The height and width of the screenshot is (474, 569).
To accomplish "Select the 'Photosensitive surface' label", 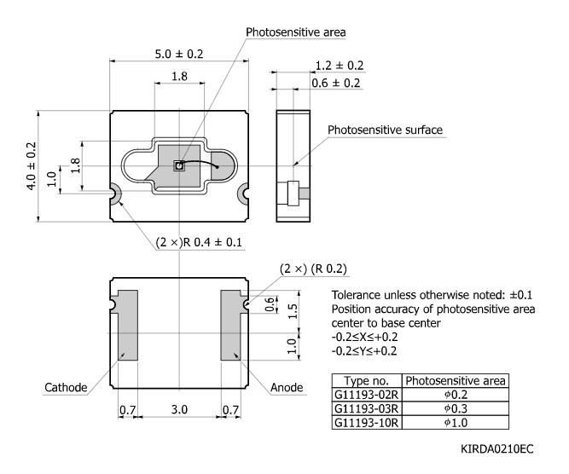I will pyautogui.click(x=386, y=130).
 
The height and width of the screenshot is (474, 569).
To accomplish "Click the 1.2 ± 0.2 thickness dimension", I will pyautogui.click(x=339, y=65).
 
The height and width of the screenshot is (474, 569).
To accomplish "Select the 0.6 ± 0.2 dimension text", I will pyautogui.click(x=339, y=83).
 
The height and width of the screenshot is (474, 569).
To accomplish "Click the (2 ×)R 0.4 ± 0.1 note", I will pyautogui.click(x=199, y=242).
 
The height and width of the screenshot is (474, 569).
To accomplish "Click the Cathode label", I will pyautogui.click(x=67, y=387).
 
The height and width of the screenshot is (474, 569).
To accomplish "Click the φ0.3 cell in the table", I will pyautogui.click(x=456, y=408).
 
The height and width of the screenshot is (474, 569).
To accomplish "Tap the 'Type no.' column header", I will pyautogui.click(x=365, y=380).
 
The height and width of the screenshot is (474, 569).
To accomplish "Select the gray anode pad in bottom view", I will pyautogui.click(x=232, y=325).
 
